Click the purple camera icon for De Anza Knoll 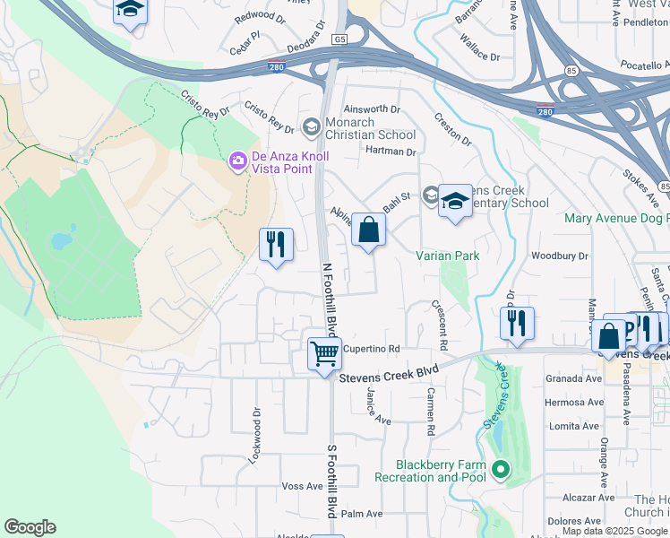click(x=238, y=161)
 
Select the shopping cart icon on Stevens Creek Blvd click(x=324, y=352)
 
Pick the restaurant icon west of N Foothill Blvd click(x=275, y=245)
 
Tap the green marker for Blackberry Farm click(x=500, y=469)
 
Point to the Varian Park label click(x=448, y=256)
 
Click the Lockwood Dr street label click(x=256, y=438)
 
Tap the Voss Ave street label click(x=302, y=486)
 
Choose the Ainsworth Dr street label click(x=372, y=108)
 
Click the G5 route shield click(x=339, y=39)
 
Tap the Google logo click(x=30, y=527)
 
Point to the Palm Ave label click(x=362, y=514)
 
